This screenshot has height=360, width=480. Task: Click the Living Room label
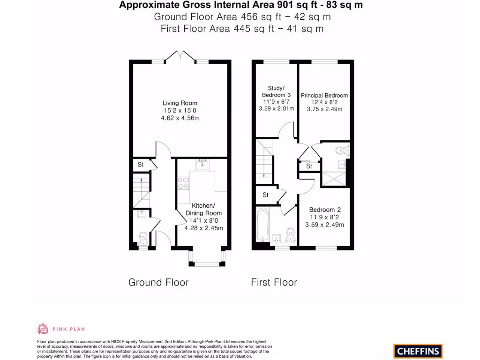(x=180, y=103)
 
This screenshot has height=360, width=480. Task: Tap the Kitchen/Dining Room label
(x=203, y=210)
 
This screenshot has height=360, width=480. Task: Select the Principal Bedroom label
(x=324, y=96)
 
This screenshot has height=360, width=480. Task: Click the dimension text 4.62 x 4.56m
(x=180, y=118)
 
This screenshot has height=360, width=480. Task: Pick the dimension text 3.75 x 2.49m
(x=324, y=109)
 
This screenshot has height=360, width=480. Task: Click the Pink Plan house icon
(x=43, y=329)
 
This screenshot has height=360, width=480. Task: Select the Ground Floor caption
(x=158, y=282)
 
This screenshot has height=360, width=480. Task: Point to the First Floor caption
(x=274, y=282)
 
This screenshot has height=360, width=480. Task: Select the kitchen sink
(x=203, y=164)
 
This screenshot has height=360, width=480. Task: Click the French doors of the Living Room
(x=180, y=56)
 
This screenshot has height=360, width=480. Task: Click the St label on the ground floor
(x=140, y=165)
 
